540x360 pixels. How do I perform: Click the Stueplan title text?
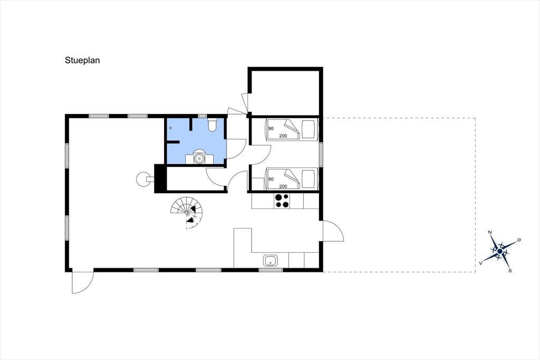coord(82,60)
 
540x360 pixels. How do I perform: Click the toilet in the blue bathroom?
coord(212,125)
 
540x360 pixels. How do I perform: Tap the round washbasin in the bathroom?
coord(199,158)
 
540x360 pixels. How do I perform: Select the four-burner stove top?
coord(282,201)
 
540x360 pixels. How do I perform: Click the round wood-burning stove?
coord(142,179)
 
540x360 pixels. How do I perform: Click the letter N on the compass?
coord(490,232)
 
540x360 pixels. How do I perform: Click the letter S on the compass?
coord(510,271)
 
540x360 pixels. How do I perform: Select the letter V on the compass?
coord(480,263)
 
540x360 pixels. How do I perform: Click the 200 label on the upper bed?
coord(283,136)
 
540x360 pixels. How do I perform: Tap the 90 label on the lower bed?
coord(271,179)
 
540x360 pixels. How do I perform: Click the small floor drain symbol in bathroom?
coord(170,128)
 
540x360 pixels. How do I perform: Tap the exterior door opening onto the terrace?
coord(333,231)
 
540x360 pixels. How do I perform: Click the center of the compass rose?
coord(500,251)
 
